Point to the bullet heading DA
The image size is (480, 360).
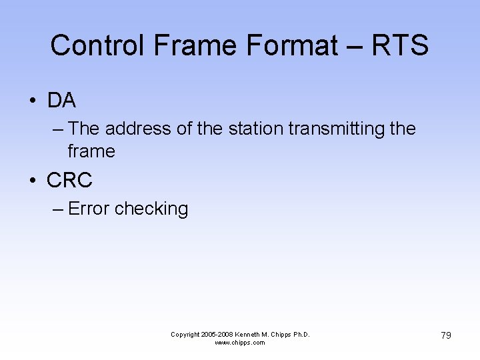point(61,101)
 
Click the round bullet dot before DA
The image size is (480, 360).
point(32,101)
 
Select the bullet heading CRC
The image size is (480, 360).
point(69,180)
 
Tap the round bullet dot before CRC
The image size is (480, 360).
point(32,181)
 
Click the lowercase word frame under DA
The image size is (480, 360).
point(91,151)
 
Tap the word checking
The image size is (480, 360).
point(151,209)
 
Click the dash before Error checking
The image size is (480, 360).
point(58,209)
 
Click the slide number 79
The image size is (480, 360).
point(445,335)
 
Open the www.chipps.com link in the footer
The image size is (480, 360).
point(240,343)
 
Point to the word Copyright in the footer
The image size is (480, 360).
point(185,335)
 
